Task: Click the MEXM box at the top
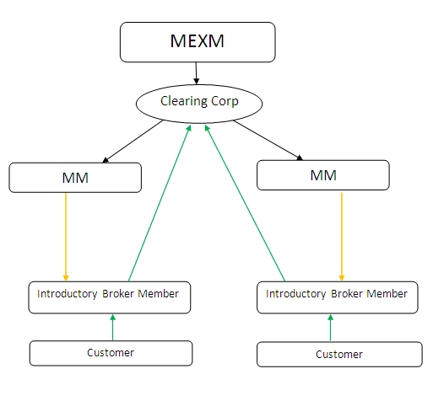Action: (x=198, y=42)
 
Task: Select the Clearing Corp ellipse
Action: (x=199, y=104)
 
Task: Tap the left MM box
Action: (x=75, y=178)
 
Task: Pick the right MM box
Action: (x=323, y=175)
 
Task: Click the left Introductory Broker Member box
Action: (x=110, y=297)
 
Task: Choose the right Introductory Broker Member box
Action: (x=338, y=297)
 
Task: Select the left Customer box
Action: (x=111, y=353)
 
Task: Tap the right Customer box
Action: (x=339, y=355)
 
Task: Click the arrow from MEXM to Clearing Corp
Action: (x=196, y=73)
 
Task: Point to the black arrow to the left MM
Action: (x=133, y=142)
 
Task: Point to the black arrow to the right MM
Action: (x=268, y=141)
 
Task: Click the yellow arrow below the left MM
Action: (x=66, y=237)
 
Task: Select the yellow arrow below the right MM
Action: (x=342, y=237)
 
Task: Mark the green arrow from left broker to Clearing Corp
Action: (x=160, y=203)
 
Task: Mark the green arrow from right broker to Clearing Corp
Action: (x=245, y=203)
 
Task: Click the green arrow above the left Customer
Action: (x=112, y=328)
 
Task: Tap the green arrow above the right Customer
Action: (x=330, y=328)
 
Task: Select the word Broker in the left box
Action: (x=118, y=294)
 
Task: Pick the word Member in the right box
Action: (x=387, y=294)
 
